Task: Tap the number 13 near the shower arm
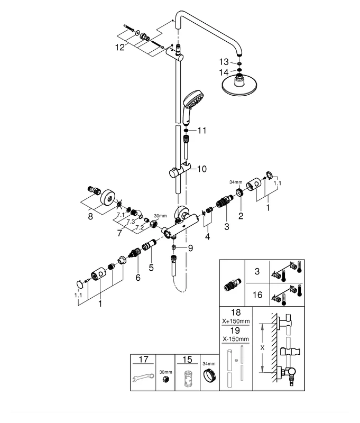click(224, 62)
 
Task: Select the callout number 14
click(224, 71)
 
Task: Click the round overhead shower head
click(241, 87)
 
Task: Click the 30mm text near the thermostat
click(160, 216)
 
